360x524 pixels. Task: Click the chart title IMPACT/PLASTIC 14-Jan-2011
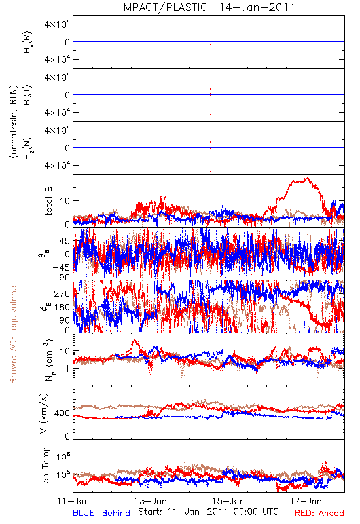(x=207, y=7)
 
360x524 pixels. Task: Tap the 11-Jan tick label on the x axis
(x=73, y=501)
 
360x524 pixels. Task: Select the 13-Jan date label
(x=151, y=501)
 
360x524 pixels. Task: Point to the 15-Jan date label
(x=228, y=501)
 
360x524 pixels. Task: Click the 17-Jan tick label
(x=306, y=501)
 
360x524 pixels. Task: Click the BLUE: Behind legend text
(x=101, y=514)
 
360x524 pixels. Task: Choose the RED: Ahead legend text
(x=319, y=514)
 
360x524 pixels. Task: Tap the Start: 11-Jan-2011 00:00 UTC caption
(x=208, y=512)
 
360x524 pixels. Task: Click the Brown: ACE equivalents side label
(x=13, y=333)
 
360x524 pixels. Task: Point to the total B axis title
(x=48, y=201)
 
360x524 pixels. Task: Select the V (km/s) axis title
(x=44, y=413)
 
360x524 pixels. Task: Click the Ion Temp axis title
(x=45, y=466)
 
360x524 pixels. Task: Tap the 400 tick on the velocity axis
(x=62, y=413)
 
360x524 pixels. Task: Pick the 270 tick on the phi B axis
(x=62, y=293)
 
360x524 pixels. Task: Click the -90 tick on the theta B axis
(x=61, y=277)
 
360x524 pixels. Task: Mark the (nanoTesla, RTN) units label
(x=14, y=121)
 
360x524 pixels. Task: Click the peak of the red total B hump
(x=307, y=178)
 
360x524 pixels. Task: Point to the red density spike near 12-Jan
(x=135, y=340)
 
